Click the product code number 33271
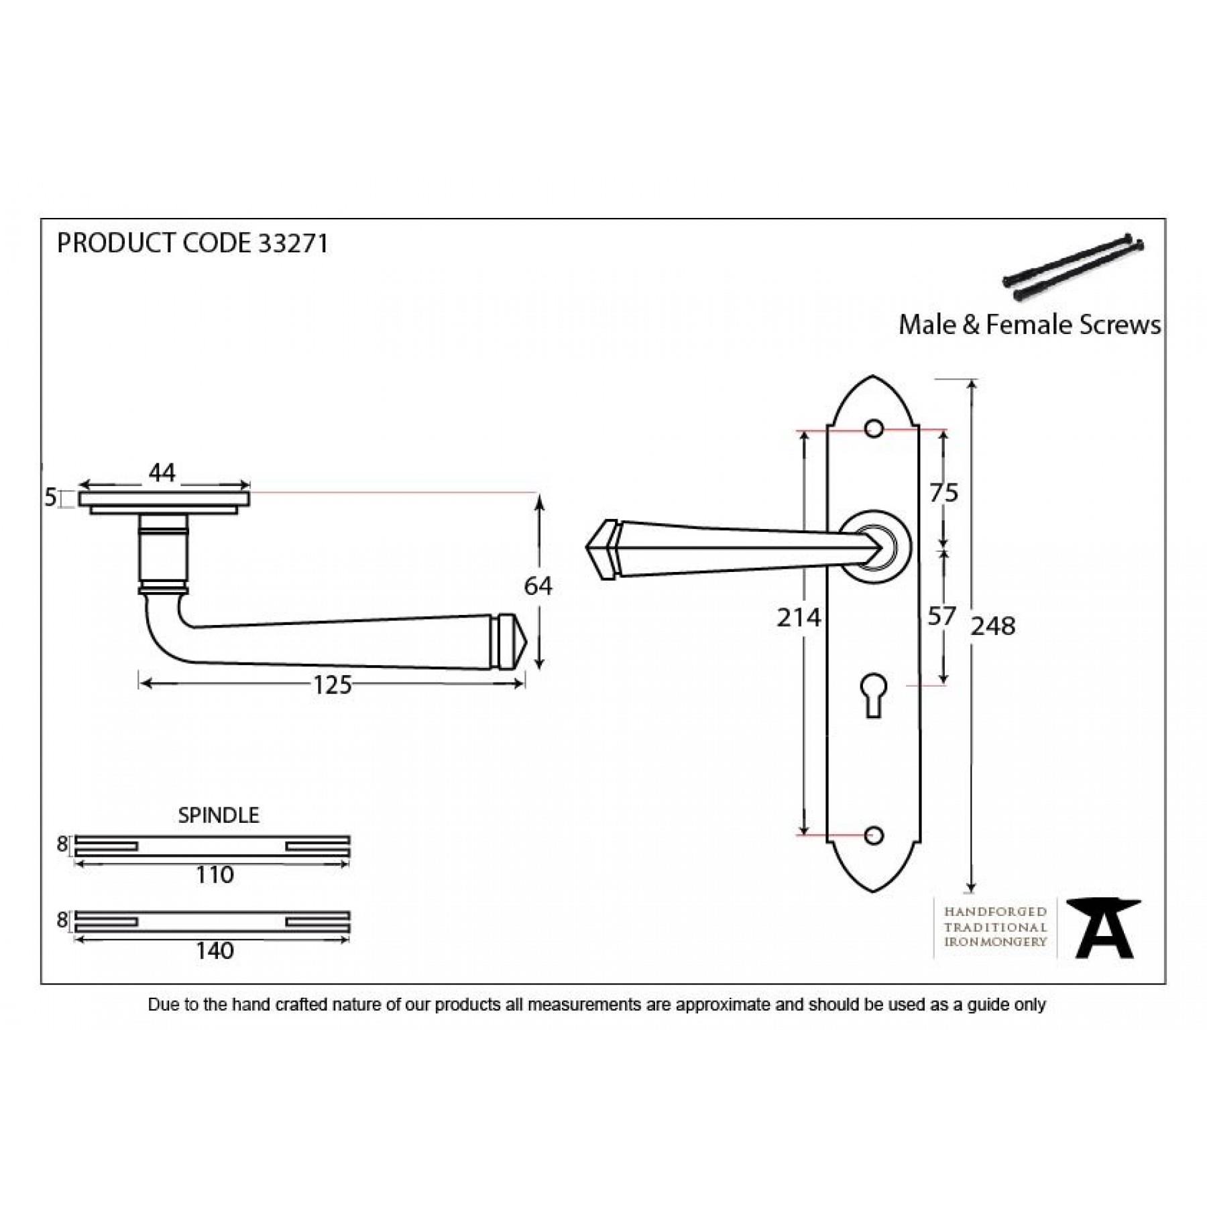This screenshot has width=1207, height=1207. (293, 243)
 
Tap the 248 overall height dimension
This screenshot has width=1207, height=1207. (993, 626)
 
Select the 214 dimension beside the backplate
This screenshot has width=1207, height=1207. (799, 618)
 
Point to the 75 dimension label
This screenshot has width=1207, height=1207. (943, 493)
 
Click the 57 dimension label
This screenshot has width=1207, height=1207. (941, 616)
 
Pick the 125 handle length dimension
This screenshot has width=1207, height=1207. (333, 685)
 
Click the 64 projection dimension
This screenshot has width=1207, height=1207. (538, 586)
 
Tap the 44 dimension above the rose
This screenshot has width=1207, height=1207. (162, 473)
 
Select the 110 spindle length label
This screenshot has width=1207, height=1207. (215, 874)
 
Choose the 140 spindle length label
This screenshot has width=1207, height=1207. (215, 950)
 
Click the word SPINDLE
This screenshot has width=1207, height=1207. (219, 815)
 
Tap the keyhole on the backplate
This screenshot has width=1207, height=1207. (873, 695)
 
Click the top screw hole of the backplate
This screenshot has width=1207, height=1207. (874, 428)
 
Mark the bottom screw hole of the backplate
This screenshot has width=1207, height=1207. (874, 836)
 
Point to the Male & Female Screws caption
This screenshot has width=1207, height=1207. (1029, 325)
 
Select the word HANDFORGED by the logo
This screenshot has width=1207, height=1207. (995, 912)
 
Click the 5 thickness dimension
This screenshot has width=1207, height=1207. (50, 498)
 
